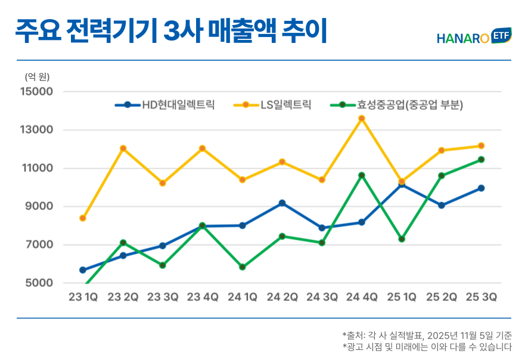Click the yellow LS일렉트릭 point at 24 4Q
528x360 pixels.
[x=362, y=119]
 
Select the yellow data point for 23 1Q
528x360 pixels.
[x=83, y=218]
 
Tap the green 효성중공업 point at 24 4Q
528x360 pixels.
[x=362, y=175]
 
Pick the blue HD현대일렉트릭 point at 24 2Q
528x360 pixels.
[x=282, y=203]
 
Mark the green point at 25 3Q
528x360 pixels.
[x=481, y=160]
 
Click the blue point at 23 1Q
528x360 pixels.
[x=83, y=270]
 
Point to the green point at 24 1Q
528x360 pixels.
[x=242, y=267]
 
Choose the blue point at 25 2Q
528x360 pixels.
[x=441, y=205]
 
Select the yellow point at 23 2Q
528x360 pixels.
[x=123, y=148]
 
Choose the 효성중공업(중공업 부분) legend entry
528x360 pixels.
[x=396, y=105]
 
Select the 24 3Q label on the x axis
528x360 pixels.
[x=322, y=297]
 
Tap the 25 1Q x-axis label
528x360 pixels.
[x=401, y=297]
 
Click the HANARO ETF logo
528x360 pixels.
[x=473, y=37]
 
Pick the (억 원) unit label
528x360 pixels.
[x=37, y=76]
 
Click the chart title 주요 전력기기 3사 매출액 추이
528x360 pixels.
[x=171, y=32]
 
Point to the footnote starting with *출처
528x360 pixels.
[x=427, y=335]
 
